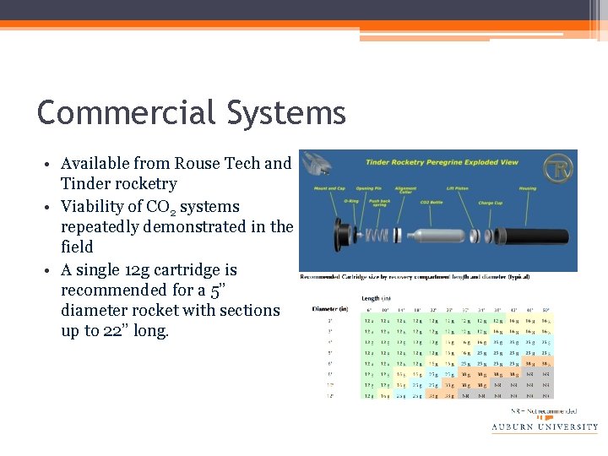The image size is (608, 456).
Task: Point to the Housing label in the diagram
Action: [527, 188]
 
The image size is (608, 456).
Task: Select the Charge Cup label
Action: [491, 203]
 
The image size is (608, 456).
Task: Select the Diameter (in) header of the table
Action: [329, 309]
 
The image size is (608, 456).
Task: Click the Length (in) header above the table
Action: [377, 298]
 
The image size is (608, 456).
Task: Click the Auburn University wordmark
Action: [544, 427]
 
